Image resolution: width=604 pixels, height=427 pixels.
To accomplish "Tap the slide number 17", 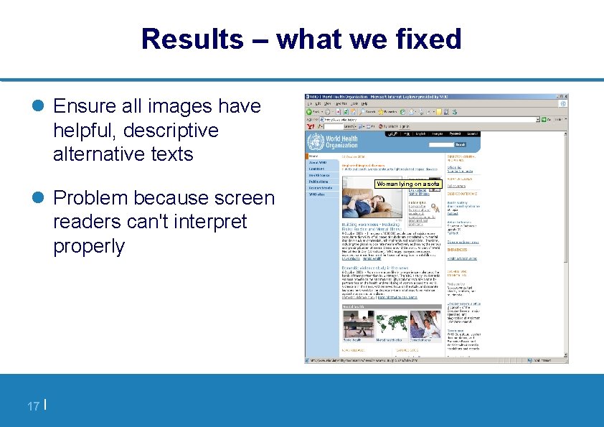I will pos(33,407).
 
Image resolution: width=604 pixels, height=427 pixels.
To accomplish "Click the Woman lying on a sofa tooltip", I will pos(407,184).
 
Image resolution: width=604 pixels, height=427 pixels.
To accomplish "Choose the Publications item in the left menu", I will pos(320,182).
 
